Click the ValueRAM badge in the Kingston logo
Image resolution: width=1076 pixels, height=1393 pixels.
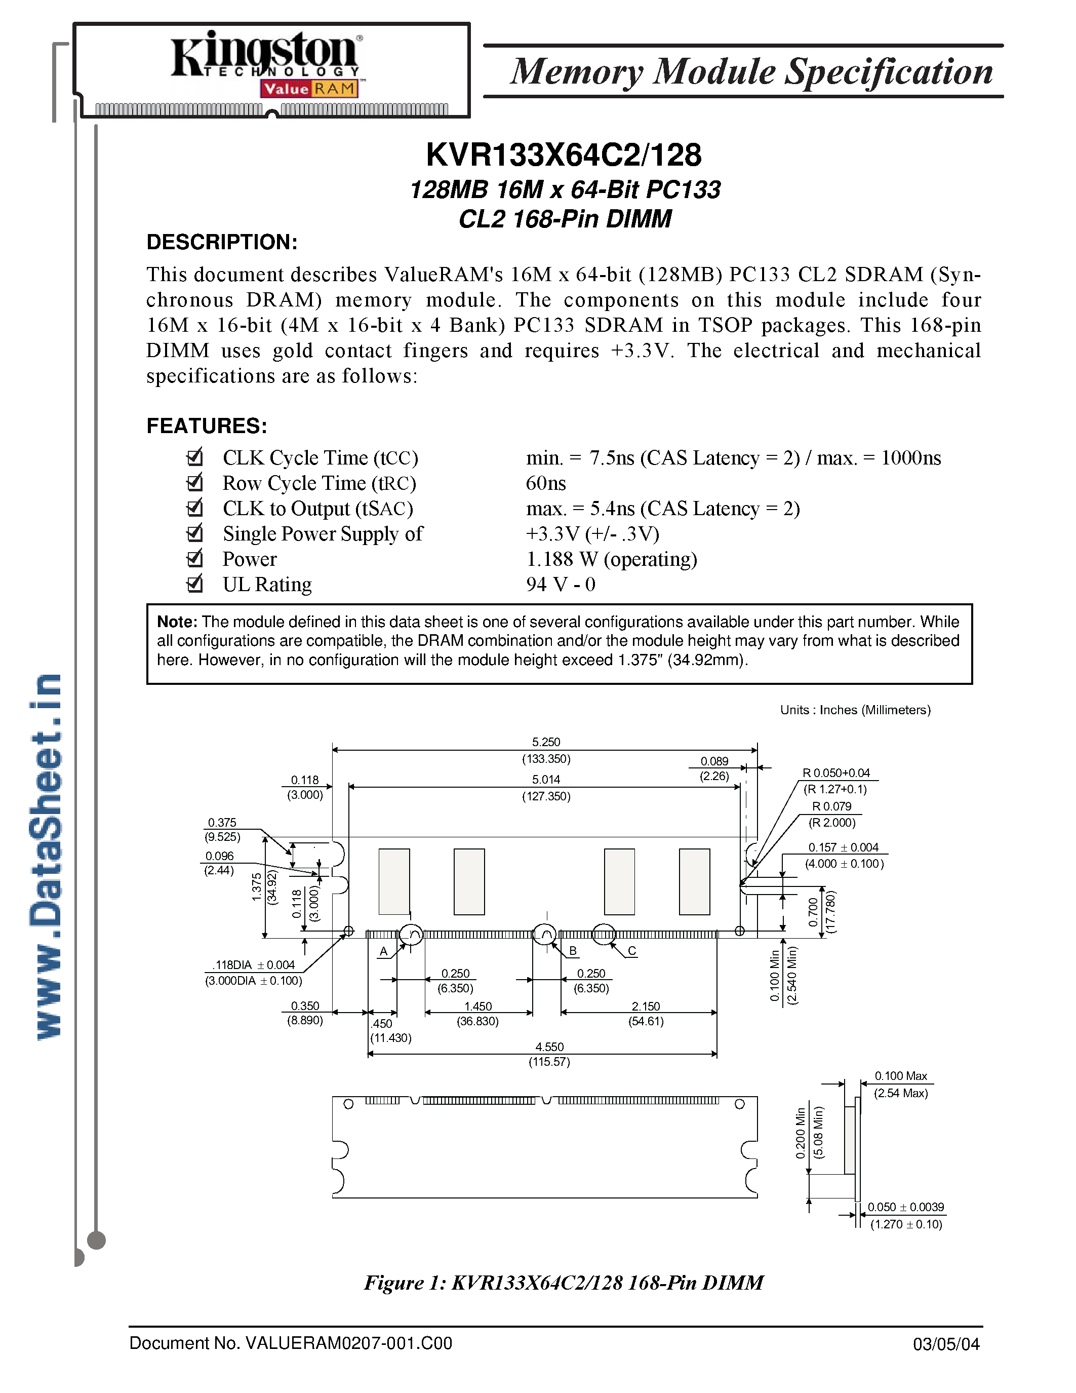pos(309,89)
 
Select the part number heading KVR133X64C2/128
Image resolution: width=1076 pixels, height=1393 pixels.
pos(564,155)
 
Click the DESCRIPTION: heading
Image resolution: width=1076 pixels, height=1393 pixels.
pos(222,242)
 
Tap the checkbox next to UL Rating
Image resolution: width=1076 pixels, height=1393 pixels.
pos(194,584)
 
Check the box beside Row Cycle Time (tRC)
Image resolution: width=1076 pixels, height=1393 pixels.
pos(194,482)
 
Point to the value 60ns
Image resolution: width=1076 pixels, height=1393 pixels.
pos(546,483)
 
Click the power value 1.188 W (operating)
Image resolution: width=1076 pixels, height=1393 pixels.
pos(611,559)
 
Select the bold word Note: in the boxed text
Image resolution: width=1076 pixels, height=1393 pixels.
pos(177,622)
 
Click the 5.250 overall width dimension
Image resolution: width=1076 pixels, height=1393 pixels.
pos(546,742)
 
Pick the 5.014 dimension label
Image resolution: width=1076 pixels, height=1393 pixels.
pos(546,780)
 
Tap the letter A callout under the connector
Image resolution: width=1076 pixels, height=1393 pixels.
pos(384,951)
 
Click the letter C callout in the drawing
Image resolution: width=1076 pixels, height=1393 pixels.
pos(632,950)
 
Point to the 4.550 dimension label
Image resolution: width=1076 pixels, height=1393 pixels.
pos(549,1047)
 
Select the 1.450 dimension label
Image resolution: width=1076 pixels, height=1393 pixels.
pos(478,1006)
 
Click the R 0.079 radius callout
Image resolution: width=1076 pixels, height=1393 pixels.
pos(831,806)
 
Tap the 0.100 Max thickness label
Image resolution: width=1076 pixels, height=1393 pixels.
pos(900,1076)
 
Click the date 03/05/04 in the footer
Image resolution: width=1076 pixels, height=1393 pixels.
pos(946,1344)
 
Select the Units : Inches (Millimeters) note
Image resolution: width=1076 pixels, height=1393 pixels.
pos(855,710)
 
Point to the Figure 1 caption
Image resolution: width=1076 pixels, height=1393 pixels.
pos(564,1282)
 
